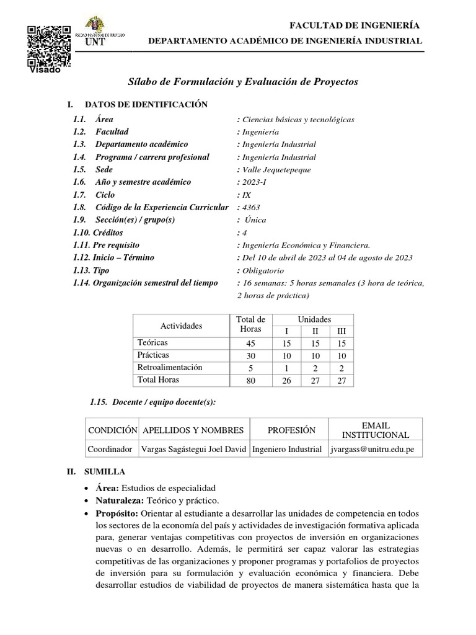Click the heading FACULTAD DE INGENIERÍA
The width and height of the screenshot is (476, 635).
[355, 25]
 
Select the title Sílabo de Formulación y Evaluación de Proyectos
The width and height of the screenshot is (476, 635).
[242, 82]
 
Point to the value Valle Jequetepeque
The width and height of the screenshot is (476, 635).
[274, 170]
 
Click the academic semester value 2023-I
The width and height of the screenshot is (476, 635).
[251, 182]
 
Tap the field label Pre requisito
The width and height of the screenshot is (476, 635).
[117, 245]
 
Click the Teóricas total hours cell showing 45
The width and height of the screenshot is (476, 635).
[250, 343]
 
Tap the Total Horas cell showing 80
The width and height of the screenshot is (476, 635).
[250, 380]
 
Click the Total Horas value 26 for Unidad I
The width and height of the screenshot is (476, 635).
[286, 380]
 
